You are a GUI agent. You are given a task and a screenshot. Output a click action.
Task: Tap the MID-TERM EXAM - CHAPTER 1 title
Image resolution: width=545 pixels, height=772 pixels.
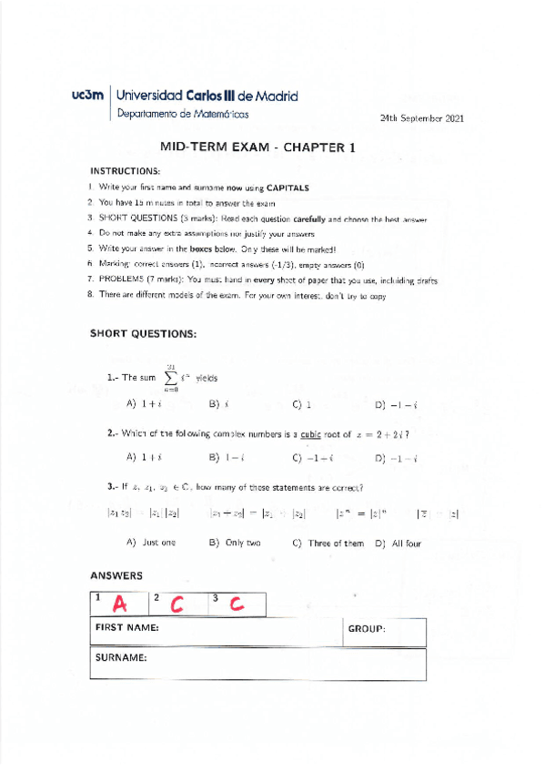(257, 146)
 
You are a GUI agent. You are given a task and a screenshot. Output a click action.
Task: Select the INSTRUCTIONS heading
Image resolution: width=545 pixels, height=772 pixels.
(125, 170)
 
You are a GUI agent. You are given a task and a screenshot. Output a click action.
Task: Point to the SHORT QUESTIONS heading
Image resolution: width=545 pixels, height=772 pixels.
(143, 334)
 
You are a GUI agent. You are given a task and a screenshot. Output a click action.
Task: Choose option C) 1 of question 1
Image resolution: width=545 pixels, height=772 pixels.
(302, 404)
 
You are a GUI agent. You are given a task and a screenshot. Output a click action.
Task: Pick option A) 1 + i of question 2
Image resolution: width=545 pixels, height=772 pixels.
(145, 458)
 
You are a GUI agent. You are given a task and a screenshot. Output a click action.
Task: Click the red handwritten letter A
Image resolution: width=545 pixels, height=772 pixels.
(119, 604)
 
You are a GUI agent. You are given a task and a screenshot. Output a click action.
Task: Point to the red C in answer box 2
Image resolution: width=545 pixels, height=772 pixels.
(177, 604)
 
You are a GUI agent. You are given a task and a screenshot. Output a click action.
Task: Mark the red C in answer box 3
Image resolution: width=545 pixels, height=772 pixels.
(237, 604)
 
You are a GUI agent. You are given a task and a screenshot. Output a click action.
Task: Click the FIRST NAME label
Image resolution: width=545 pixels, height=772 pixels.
(128, 628)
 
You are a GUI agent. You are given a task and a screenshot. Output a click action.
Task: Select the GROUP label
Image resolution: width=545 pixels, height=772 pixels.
(367, 629)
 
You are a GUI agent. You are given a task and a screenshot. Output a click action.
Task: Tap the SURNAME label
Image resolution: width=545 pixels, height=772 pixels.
(121, 655)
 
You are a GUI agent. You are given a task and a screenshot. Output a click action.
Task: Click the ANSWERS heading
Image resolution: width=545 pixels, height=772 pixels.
(116, 575)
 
